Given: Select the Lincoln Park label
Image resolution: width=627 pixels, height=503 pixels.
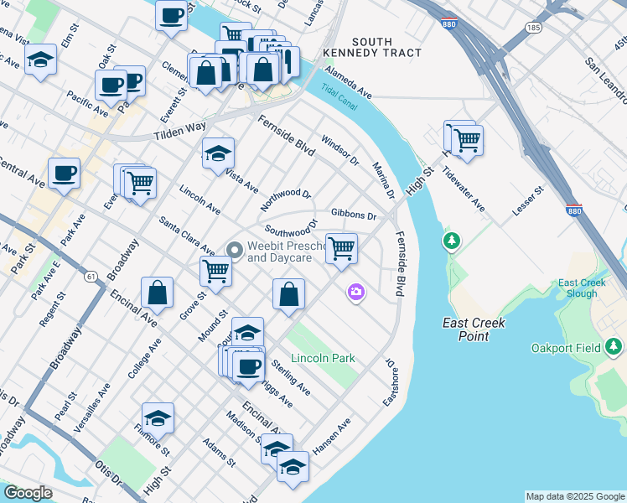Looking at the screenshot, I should pos(323,358).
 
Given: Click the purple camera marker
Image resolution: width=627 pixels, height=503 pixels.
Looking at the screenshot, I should pos(356,291).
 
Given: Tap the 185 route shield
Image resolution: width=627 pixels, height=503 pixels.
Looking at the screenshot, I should pos(533,28).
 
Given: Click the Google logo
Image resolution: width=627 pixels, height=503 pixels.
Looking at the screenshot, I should pos(28,493).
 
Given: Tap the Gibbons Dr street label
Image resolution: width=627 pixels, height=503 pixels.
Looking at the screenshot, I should pos(354,215).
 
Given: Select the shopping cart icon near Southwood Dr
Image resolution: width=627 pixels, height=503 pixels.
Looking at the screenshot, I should pos(341,247).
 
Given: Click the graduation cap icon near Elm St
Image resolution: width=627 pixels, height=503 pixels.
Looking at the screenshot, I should pos(40,60).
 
